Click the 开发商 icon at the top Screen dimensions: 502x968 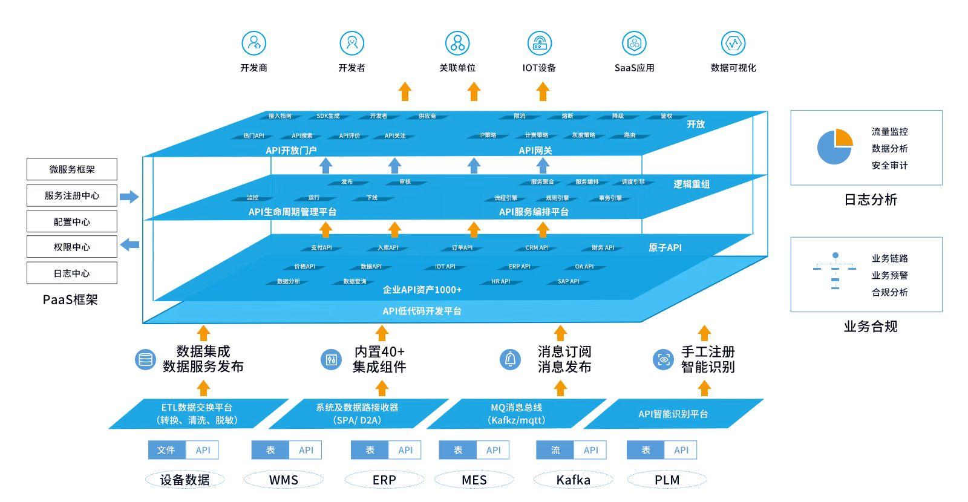pos(254,44)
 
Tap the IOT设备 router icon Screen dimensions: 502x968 pos(539,44)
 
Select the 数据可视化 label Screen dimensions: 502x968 pos(733,68)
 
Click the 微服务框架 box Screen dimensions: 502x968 pos(72,169)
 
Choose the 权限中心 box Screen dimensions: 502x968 pos(72,247)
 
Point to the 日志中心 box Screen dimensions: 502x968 pos(72,273)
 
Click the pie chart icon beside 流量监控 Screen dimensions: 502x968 pos(835,147)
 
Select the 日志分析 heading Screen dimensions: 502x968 pos(870,200)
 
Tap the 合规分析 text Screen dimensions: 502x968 pos(889,292)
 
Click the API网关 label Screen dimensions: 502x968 pos(535,151)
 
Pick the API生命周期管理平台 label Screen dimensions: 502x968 pos(292,212)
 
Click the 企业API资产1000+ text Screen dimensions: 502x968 pos(422,290)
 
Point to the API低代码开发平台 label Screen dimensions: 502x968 pos(422,311)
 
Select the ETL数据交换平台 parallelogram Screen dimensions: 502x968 pos(198,414)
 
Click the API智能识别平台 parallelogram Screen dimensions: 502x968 pos(673,414)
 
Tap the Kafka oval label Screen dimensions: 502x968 pos(573,480)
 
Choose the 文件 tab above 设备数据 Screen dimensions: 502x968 pos(166,450)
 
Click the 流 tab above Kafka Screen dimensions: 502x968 pos(555,450)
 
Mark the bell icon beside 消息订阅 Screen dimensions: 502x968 pos(511,359)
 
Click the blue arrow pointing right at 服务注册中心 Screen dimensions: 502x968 pos(129,197)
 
